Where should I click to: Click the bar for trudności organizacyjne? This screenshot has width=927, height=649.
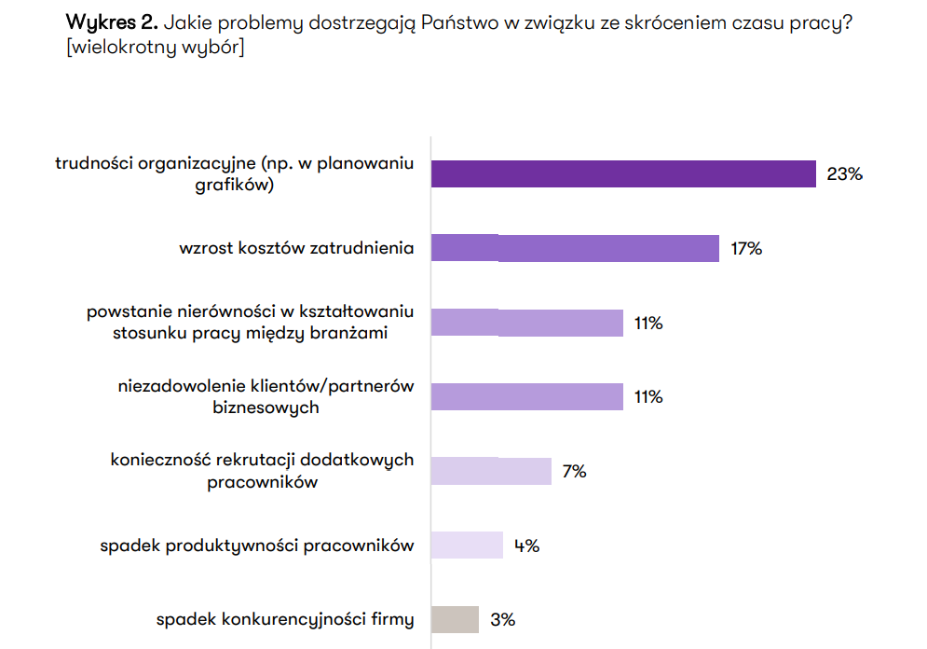pos(623,173)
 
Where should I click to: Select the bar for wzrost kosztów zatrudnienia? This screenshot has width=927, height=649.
pos(575,248)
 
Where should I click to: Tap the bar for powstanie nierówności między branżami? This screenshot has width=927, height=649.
pos(526,323)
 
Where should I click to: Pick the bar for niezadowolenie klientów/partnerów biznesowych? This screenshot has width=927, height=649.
pos(526,396)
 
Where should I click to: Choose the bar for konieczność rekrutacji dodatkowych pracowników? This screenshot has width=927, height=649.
pos(491,471)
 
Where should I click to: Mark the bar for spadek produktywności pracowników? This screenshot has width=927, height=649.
pos(467,545)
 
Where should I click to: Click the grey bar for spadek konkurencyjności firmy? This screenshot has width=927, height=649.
pos(455,619)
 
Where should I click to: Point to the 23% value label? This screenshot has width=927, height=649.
pos(844,173)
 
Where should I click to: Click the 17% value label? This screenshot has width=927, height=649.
pos(746,249)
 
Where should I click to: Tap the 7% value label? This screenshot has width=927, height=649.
pos(574,472)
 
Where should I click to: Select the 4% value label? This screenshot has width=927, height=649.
pos(526,545)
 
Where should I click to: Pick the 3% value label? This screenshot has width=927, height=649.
pos(502,619)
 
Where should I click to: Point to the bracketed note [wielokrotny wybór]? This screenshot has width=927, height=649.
pos(155,48)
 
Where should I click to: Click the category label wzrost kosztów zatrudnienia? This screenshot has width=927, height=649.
pos(296,249)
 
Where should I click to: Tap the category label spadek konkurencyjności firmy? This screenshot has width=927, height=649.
pos(284,619)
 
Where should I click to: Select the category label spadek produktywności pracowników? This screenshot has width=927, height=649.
pos(256,545)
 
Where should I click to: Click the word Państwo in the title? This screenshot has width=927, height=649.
pos(458,23)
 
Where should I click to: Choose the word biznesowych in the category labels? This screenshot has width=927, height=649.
pos(266,407)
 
